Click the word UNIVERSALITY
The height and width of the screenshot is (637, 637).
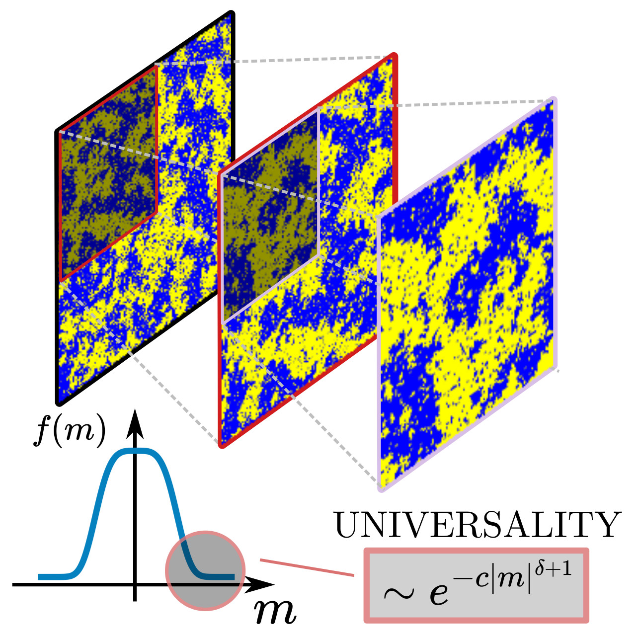point(478,525)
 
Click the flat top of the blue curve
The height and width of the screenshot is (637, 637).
point(135,451)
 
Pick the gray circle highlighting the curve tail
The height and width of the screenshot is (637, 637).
point(205,570)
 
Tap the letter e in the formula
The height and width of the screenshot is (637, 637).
point(438,593)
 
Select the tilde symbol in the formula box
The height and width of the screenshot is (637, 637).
point(398,593)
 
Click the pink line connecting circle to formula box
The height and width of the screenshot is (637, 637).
point(307,568)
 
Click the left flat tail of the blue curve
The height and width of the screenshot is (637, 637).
point(55,577)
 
